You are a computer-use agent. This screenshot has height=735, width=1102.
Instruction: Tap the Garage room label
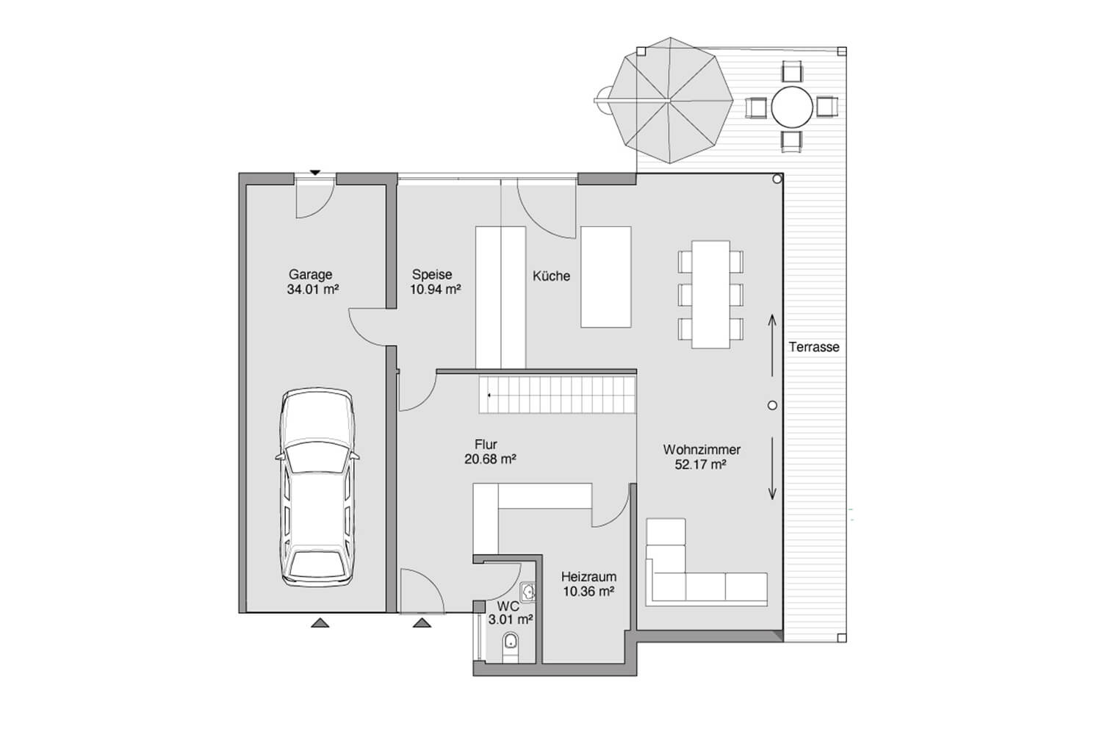[x=311, y=274]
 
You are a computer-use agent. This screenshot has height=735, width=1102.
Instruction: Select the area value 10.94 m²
[x=436, y=289]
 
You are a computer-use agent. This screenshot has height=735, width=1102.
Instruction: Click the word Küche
[x=552, y=276]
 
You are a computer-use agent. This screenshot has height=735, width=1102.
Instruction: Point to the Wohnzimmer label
[x=702, y=450]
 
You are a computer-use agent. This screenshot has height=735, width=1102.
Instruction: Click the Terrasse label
[x=814, y=347]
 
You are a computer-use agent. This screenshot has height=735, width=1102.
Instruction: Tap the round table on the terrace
[x=791, y=107]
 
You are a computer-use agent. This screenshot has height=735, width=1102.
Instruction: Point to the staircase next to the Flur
[x=558, y=395]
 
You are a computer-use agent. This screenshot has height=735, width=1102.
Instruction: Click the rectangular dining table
[x=710, y=295]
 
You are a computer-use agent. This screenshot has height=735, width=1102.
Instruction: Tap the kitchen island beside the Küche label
[x=605, y=276]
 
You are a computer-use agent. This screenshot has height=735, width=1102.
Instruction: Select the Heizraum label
[x=589, y=576]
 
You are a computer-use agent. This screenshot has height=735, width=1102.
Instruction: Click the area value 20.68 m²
[x=490, y=459]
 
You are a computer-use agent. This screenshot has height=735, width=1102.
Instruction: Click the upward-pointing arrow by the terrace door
[x=772, y=345]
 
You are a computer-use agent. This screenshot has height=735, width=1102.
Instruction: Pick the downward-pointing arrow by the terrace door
[x=772, y=468]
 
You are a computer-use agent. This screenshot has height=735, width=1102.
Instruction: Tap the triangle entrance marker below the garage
[x=320, y=623]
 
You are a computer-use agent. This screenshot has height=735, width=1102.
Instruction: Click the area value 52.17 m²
[x=701, y=465]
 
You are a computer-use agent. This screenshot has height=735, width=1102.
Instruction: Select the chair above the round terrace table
[x=791, y=71]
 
